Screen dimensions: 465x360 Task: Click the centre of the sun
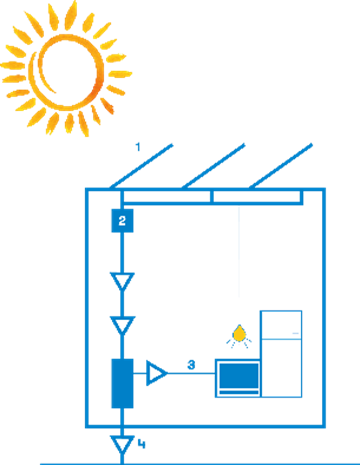click(66, 71)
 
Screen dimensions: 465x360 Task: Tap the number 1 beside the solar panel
click(138, 147)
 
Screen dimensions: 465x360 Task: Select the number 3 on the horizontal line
click(191, 365)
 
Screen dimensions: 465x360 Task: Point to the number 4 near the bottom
click(142, 444)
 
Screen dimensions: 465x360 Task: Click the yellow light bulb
click(239, 334)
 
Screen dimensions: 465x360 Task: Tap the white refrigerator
click(281, 353)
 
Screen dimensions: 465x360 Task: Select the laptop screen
click(238, 375)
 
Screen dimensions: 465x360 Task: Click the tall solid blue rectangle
click(122, 383)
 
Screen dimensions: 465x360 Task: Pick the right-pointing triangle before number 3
click(156, 374)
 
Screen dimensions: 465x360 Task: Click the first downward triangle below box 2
click(122, 281)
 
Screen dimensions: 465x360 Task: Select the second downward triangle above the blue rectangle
click(122, 324)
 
